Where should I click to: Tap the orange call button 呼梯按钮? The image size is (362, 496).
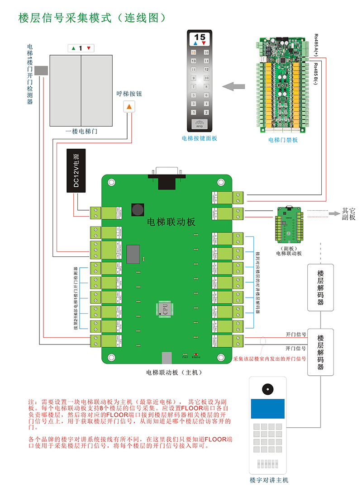(129, 107)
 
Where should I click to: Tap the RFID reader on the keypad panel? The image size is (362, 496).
(200, 123)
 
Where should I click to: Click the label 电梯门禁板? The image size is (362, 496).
(282, 140)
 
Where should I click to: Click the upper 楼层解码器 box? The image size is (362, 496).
(320, 288)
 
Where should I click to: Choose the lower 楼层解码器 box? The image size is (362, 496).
(320, 352)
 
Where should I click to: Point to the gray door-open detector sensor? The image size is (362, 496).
(41, 71)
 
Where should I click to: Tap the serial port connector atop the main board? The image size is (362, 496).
(167, 177)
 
